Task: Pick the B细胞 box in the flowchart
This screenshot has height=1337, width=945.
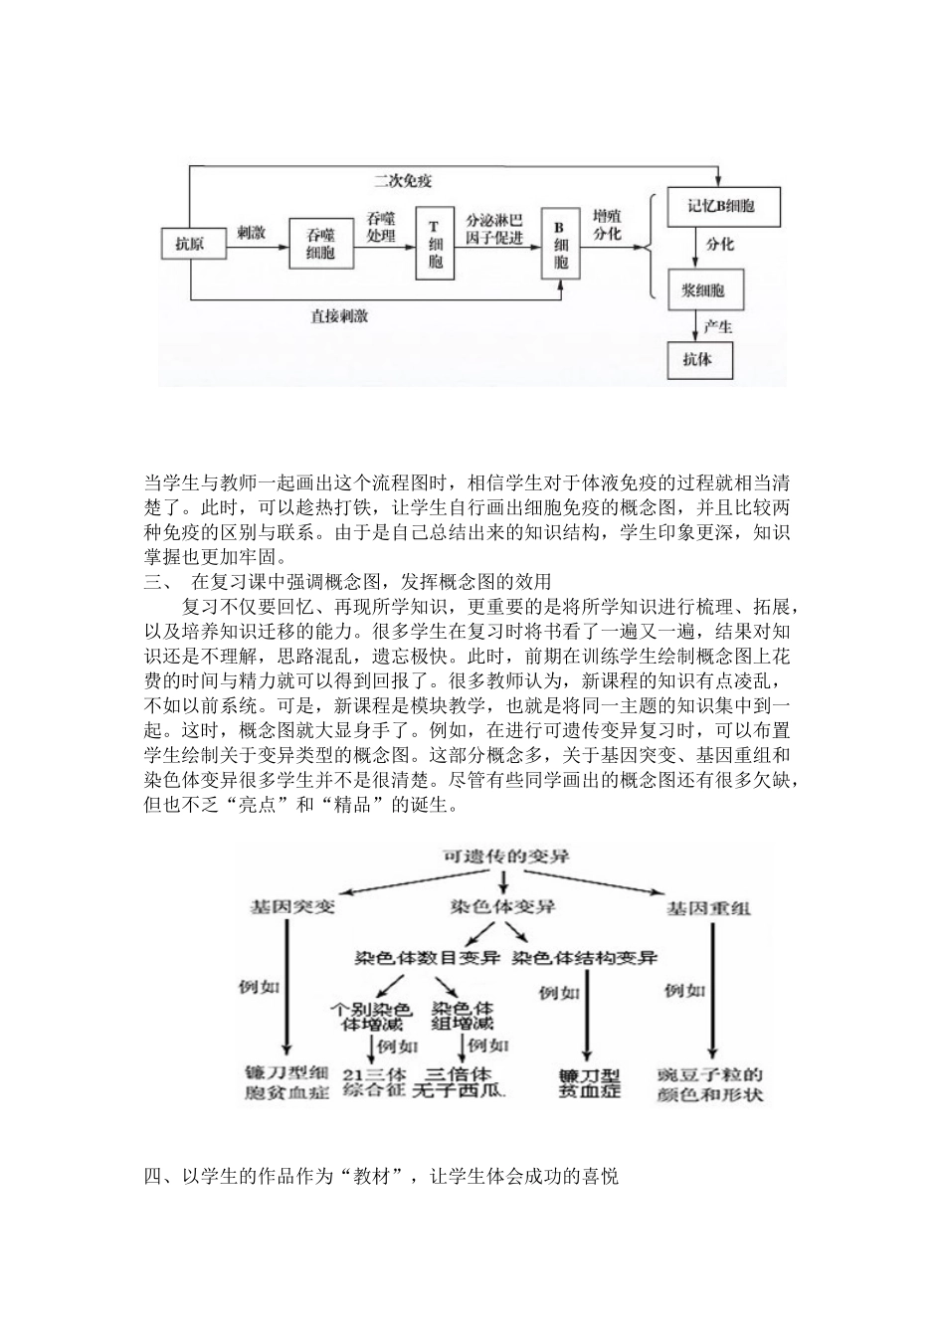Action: pyautogui.click(x=560, y=244)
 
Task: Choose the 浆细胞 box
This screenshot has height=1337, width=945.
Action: pyautogui.click(x=703, y=290)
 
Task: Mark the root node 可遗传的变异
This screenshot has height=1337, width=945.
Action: pyautogui.click(x=505, y=857)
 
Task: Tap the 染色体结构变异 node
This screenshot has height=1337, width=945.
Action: pyautogui.click(x=586, y=958)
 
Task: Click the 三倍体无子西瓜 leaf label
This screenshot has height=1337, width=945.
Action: pyautogui.click(x=465, y=1082)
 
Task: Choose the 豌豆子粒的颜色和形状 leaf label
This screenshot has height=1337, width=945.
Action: pyautogui.click(x=710, y=1084)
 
